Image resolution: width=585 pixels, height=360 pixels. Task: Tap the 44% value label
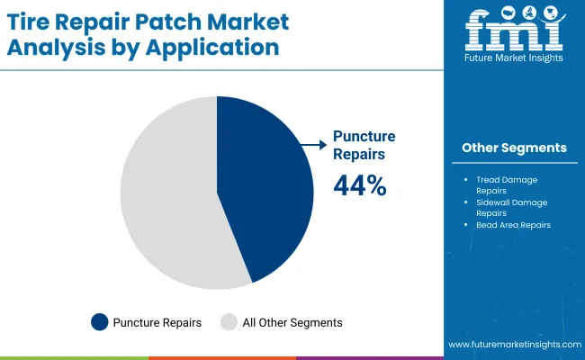click(360, 185)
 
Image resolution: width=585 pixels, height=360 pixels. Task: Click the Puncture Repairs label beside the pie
click(364, 144)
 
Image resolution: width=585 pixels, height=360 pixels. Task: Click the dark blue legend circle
click(99, 321)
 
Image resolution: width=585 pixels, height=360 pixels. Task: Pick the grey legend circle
click(229, 321)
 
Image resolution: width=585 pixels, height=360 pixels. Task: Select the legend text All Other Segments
click(292, 322)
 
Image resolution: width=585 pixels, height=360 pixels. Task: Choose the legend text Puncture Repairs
click(157, 322)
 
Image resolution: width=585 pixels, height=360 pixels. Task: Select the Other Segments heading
click(514, 148)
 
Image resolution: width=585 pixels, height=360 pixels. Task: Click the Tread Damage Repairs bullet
click(506, 185)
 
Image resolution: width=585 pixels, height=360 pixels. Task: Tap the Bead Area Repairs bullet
click(513, 225)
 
